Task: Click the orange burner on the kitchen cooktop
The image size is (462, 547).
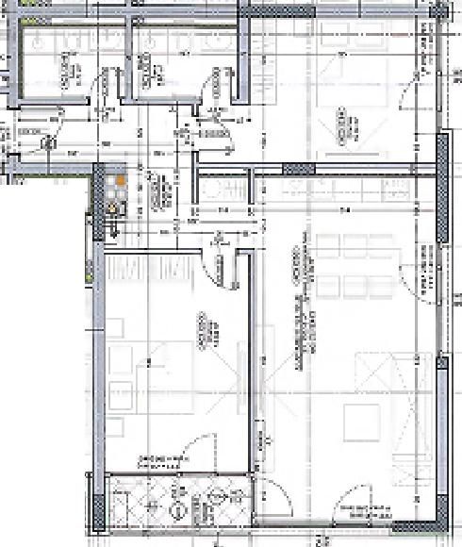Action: [122, 176]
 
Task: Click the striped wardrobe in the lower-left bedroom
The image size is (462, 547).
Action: [151, 268]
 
